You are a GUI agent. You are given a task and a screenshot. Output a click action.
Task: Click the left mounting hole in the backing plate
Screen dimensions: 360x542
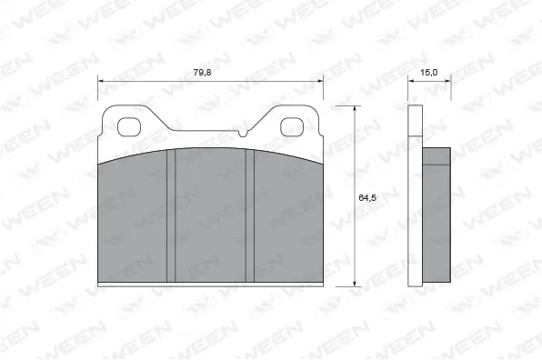[x=126, y=126]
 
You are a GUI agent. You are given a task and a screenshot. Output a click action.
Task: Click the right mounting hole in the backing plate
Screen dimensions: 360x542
[x=294, y=126]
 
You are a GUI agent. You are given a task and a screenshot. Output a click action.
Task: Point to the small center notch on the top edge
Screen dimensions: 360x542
[x=244, y=135]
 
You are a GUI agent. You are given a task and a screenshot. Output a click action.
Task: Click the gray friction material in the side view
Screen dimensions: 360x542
[x=437, y=223]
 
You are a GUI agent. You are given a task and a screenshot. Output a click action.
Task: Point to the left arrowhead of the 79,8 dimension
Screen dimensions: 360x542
[x=101, y=80]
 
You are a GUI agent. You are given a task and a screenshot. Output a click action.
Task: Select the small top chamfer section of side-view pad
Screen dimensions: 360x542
[x=437, y=156]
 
